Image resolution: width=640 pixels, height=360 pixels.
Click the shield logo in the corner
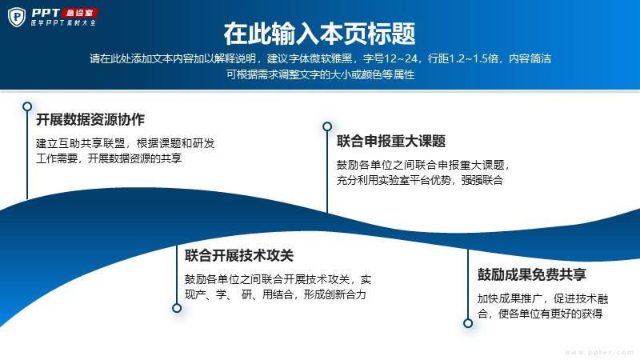[x=17, y=17]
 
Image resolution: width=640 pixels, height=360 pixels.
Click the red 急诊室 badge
[x=79, y=13]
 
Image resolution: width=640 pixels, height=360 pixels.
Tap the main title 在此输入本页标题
[x=319, y=34]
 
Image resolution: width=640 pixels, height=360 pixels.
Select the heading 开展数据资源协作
[x=90, y=119]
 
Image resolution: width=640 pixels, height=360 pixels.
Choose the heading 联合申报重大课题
[x=391, y=142]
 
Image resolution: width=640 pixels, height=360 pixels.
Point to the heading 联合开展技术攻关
[x=238, y=255]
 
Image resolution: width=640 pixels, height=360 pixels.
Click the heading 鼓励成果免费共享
[x=532, y=274]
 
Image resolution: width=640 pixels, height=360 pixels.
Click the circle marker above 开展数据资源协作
[x=27, y=106]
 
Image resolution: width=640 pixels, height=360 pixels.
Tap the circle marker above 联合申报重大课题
[x=327, y=126]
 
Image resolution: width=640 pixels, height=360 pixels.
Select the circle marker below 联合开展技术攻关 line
[x=177, y=308]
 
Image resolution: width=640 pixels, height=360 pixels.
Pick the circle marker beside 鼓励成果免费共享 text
[x=468, y=323]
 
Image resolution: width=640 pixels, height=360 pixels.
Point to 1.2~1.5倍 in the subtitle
[x=474, y=58]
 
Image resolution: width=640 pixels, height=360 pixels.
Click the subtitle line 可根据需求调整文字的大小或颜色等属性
[x=321, y=74]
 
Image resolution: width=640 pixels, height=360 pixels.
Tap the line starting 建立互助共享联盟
[x=126, y=143]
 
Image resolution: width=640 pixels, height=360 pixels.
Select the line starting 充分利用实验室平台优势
[x=419, y=180]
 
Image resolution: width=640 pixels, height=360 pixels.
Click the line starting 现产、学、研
[x=275, y=294]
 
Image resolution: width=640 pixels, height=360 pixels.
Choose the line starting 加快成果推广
[x=543, y=298]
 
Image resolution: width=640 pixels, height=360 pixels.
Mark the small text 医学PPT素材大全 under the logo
[x=63, y=23]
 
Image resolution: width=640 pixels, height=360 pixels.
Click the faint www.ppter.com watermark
[x=598, y=352]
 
